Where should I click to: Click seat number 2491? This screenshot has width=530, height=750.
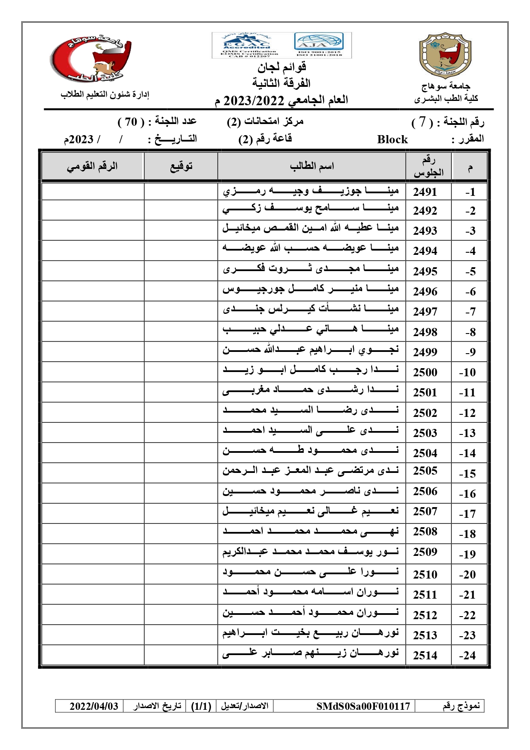coord(425,192)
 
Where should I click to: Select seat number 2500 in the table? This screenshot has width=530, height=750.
coord(425,372)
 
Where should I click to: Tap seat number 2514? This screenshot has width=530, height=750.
coord(425,655)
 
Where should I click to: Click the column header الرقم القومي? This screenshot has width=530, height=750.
coord(92,166)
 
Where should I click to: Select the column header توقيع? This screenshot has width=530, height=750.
coord(181,166)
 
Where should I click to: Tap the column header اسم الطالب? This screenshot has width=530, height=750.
coord(312,166)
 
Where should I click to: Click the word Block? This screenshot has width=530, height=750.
coord(392,139)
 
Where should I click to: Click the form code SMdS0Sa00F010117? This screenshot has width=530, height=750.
coord(363,706)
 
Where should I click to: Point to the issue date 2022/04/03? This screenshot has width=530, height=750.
coord(94,706)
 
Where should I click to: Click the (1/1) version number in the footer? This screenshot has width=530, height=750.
coord(201,706)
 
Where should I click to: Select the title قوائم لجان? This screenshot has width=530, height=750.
coord(281,67)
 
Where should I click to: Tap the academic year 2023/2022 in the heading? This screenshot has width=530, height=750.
coord(254,101)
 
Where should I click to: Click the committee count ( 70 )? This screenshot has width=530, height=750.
coord(131,122)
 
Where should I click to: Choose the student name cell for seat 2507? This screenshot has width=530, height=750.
coord(311,511)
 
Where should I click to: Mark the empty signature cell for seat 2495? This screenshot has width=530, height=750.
coord(181,271)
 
